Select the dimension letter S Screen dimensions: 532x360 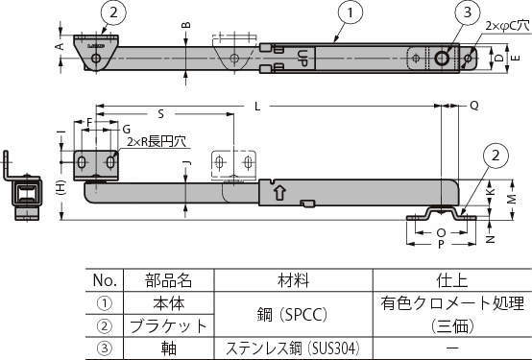click(x=158, y=113)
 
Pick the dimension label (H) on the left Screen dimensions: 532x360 click(x=60, y=188)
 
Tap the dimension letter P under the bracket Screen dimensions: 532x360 click(x=440, y=244)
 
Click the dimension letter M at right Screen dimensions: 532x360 click(x=512, y=198)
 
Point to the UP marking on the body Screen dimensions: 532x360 click(x=303, y=55)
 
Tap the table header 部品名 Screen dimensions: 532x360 click(x=167, y=280)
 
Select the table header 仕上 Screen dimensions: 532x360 click(x=449, y=280)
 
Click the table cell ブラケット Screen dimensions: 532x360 click(x=167, y=324)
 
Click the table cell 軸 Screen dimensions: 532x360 click(x=167, y=346)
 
